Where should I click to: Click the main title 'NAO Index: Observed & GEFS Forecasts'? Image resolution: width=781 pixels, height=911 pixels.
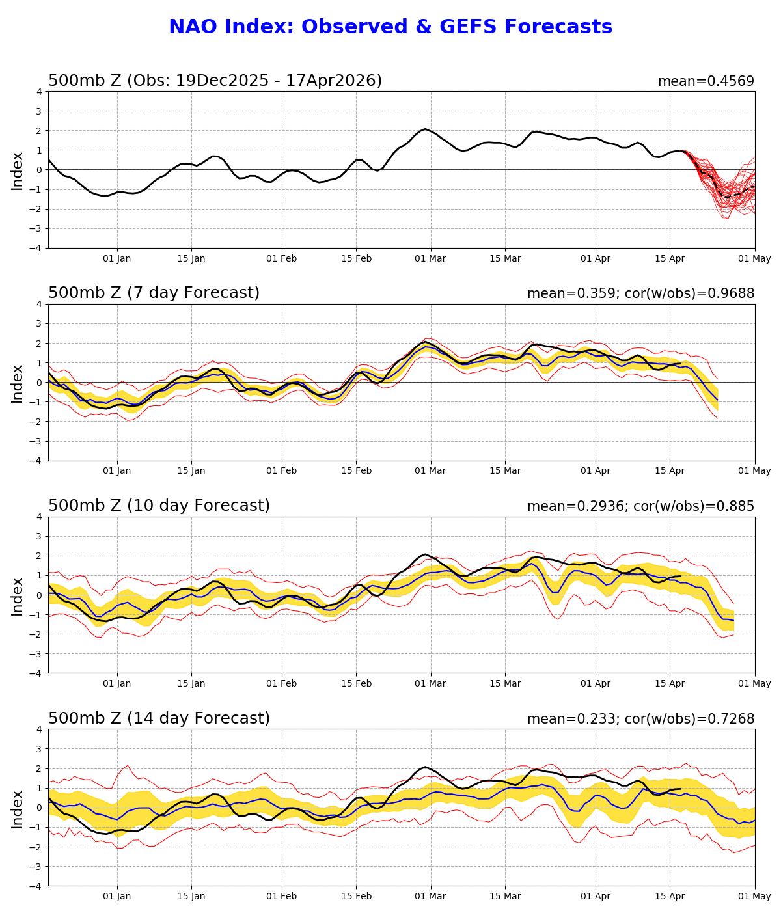[390, 27]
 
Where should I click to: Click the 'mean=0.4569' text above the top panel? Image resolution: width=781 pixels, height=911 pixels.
[706, 82]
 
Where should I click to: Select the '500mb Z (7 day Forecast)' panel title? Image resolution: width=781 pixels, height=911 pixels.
[154, 293]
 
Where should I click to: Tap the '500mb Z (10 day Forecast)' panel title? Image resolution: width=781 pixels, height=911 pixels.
[159, 506]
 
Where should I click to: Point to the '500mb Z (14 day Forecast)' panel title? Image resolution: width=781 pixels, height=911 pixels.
[159, 719]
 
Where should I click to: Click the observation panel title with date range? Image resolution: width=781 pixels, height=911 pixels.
[215, 81]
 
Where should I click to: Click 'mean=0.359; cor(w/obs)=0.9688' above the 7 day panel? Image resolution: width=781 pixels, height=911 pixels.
[640, 294]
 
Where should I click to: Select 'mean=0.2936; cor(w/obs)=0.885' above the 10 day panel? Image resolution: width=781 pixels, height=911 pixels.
[640, 507]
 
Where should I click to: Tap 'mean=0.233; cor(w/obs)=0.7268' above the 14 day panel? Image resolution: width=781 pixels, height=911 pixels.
[640, 720]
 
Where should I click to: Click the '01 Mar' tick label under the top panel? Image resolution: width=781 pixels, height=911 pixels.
[431, 258]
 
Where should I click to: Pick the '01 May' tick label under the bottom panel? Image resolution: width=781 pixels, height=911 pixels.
[755, 897]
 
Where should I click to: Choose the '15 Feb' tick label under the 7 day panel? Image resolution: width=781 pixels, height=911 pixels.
[356, 471]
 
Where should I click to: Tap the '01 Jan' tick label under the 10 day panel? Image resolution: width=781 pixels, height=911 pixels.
[117, 684]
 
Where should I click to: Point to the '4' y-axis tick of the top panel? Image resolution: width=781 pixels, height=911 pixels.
[39, 92]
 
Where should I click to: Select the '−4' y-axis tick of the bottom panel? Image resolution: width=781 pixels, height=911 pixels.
[36, 886]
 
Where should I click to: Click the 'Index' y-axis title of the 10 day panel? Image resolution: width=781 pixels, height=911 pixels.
[18, 595]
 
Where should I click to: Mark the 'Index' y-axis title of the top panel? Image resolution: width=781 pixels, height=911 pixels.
[18, 170]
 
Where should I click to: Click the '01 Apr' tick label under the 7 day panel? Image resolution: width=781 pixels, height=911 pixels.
[595, 471]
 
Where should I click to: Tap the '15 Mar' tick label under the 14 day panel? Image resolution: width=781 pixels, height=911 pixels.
[505, 897]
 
